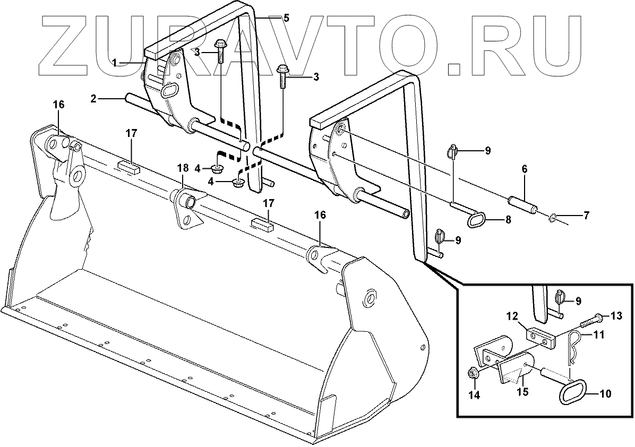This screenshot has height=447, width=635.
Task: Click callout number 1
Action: click(x=114, y=63)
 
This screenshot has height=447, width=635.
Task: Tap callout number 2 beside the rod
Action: click(x=93, y=98)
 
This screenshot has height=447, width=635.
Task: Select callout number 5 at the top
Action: click(x=286, y=18)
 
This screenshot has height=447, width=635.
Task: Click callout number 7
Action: click(x=587, y=216)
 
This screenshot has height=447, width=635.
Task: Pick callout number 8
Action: click(x=508, y=219)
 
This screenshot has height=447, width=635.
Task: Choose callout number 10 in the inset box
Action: click(x=605, y=394)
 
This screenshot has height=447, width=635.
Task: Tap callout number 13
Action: click(x=615, y=316)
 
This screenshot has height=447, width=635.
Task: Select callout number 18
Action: click(x=182, y=168)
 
